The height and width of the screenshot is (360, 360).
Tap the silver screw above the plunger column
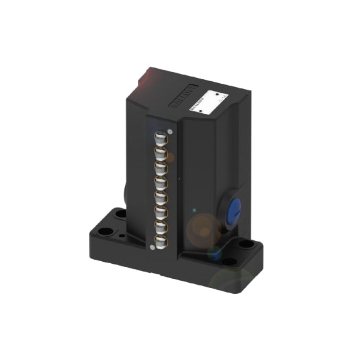tap(170, 131)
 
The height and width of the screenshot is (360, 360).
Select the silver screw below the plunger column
tap(153, 247)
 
